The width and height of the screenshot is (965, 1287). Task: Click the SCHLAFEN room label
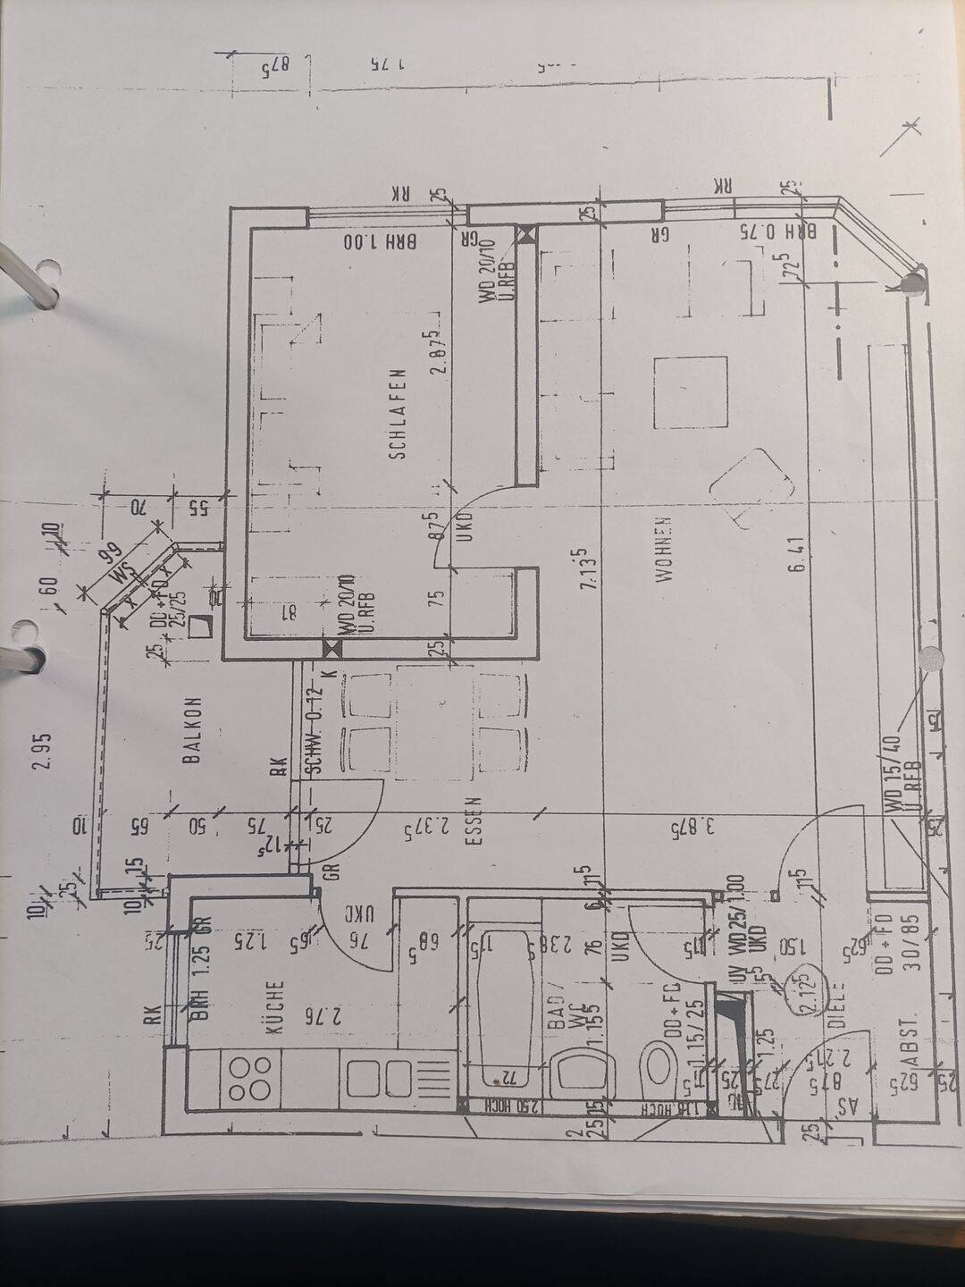click(398, 414)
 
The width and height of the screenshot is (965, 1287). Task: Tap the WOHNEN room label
click(664, 551)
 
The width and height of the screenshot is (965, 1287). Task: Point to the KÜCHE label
click(275, 1007)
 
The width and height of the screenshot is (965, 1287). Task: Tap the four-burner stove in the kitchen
click(250, 1077)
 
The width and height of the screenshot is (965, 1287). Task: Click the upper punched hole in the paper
click(46, 272)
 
